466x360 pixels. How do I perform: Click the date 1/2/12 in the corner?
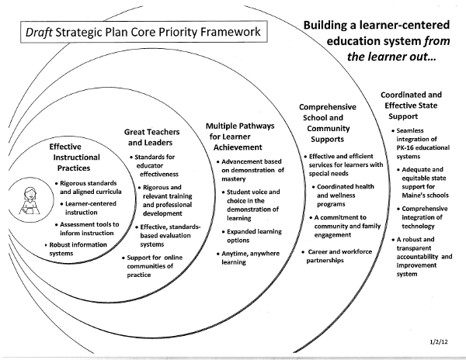(438, 341)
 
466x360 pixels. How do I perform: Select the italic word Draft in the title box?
(39, 32)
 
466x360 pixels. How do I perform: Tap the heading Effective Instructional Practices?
(75, 157)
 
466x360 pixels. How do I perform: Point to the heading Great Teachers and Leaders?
(151, 137)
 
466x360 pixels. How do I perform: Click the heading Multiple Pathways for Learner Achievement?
(240, 137)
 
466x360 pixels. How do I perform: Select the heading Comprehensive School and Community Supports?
(327, 123)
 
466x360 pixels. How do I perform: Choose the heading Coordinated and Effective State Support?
(411, 106)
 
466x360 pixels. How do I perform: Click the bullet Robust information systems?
(76, 249)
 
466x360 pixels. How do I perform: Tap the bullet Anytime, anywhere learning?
(249, 258)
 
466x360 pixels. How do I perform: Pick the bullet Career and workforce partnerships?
(337, 256)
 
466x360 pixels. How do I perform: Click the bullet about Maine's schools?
(423, 182)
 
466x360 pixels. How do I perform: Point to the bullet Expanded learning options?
(252, 236)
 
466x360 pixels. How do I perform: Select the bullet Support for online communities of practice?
(152, 266)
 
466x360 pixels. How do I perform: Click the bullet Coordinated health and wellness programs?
(343, 195)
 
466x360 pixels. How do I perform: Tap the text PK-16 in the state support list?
(405, 147)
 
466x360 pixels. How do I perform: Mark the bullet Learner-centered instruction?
(89, 208)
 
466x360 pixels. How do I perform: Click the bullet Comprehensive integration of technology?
(423, 217)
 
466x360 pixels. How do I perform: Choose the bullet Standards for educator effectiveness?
(155, 165)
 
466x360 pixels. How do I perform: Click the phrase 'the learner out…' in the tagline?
(391, 57)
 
